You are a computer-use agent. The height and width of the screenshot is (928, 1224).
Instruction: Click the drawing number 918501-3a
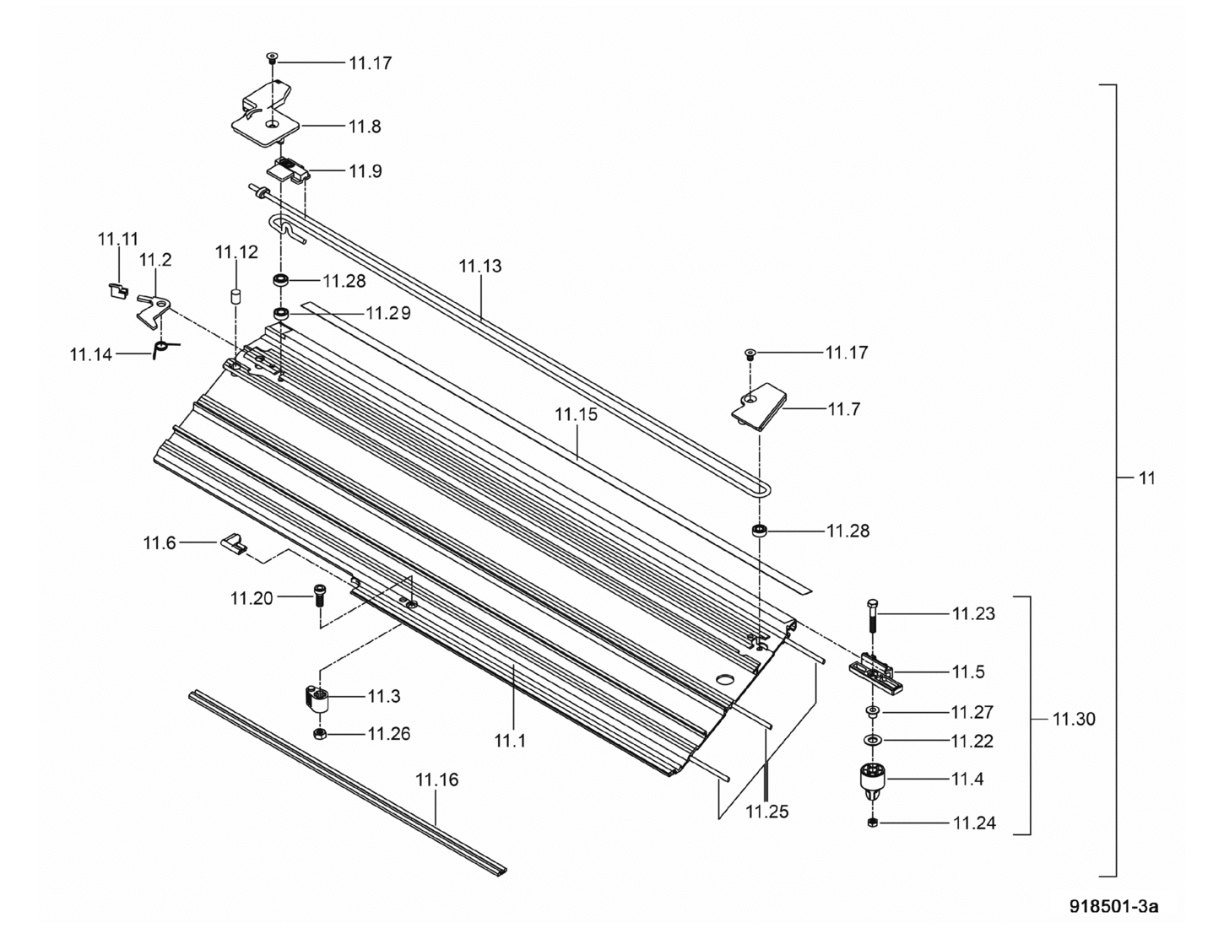tap(1113, 906)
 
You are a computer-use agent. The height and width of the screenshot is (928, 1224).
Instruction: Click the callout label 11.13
tap(480, 266)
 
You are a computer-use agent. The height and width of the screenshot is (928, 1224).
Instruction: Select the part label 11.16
tap(436, 780)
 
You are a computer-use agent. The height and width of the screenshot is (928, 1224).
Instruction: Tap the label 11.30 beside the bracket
tap(1074, 720)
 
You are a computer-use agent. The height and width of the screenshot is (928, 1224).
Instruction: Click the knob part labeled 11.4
tap(873, 780)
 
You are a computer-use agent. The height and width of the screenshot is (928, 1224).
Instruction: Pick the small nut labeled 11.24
tap(873, 822)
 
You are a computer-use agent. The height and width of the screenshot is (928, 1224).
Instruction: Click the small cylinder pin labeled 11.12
tap(236, 297)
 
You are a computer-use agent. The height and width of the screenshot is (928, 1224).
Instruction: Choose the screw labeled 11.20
tap(319, 596)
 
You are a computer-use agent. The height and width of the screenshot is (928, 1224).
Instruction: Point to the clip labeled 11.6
tap(234, 543)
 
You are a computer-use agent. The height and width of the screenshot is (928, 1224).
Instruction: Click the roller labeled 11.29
tap(282, 315)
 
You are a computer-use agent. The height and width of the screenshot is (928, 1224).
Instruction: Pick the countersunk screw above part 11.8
tap(272, 58)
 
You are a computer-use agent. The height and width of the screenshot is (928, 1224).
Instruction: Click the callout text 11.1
tap(510, 741)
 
